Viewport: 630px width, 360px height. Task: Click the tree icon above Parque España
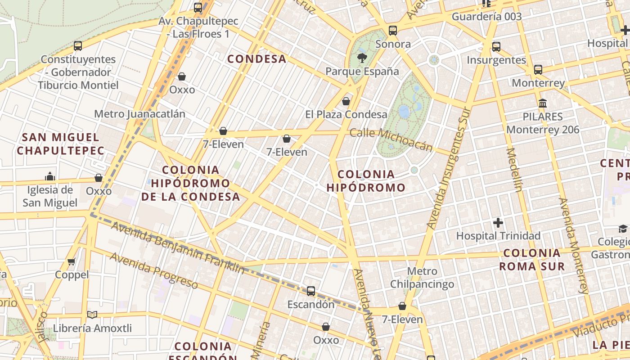pos(362,58)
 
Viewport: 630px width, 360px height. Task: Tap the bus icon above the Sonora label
pos(393,31)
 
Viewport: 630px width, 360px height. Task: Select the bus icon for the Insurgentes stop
pos(496,47)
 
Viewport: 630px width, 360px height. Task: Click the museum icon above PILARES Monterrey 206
pos(543,103)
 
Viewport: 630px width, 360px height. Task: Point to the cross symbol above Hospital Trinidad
pos(498,223)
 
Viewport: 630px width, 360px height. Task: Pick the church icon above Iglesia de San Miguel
pos(50,176)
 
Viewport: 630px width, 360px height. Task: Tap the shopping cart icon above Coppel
pos(72,261)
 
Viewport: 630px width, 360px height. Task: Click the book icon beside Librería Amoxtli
pos(92,315)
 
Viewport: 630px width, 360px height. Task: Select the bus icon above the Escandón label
pos(311,291)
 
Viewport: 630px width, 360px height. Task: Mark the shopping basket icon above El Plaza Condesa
pos(346,101)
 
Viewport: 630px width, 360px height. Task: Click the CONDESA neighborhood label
pos(256,59)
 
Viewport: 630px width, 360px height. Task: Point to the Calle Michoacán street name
pos(391,139)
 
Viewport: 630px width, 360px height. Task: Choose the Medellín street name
pos(514,170)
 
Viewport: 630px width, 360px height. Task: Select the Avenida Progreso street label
pos(153,270)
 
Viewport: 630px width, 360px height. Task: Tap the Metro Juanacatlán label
pos(139,114)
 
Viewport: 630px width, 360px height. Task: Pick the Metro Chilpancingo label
pos(422,278)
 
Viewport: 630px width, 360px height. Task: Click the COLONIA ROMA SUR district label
pos(532,260)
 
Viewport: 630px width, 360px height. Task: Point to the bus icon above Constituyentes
pos(78,46)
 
